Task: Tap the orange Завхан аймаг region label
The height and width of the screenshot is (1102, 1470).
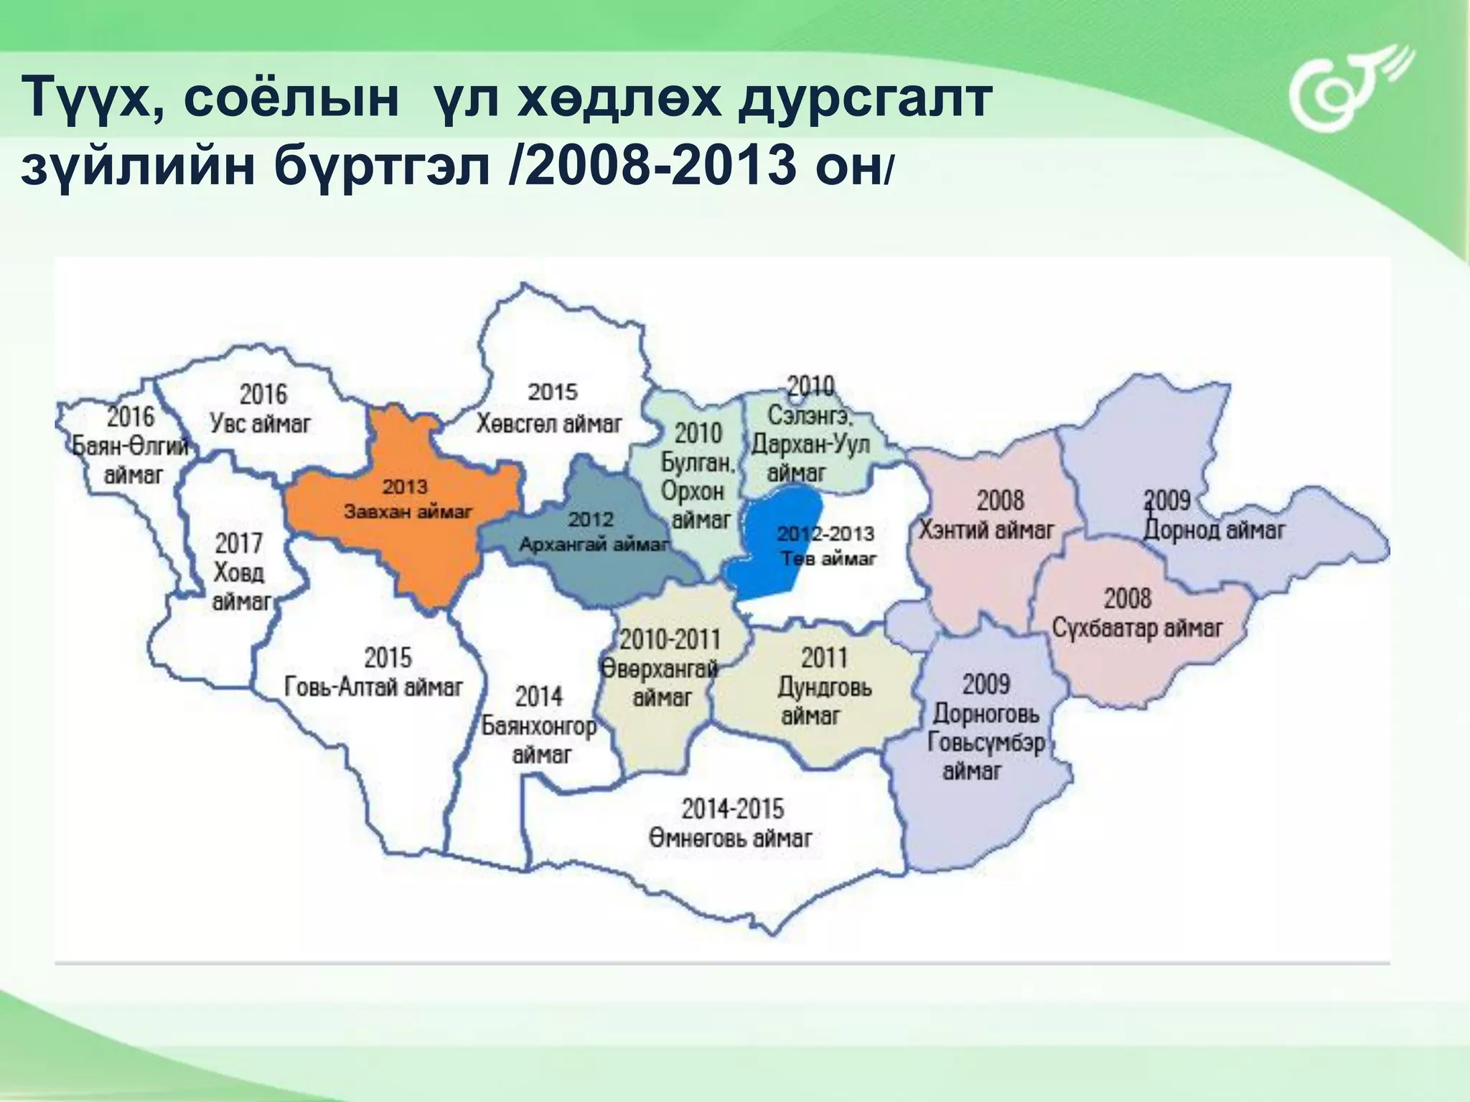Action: coord(408,512)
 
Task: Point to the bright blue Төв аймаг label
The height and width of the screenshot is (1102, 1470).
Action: coord(828,557)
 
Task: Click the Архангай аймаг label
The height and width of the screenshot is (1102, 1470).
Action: coord(594,544)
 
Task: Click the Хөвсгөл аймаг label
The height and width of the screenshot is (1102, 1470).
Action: coord(549,424)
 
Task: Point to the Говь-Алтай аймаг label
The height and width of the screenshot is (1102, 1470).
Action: coord(373,687)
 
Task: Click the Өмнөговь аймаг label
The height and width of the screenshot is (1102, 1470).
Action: coord(731,837)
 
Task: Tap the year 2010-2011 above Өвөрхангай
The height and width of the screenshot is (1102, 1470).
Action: coord(670,639)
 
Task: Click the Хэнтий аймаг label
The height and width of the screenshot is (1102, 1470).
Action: coord(986,529)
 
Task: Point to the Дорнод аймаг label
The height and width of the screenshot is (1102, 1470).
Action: coord(1214,530)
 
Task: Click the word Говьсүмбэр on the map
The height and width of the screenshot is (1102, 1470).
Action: coord(986,742)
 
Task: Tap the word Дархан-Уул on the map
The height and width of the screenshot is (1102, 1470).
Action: coord(810,444)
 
